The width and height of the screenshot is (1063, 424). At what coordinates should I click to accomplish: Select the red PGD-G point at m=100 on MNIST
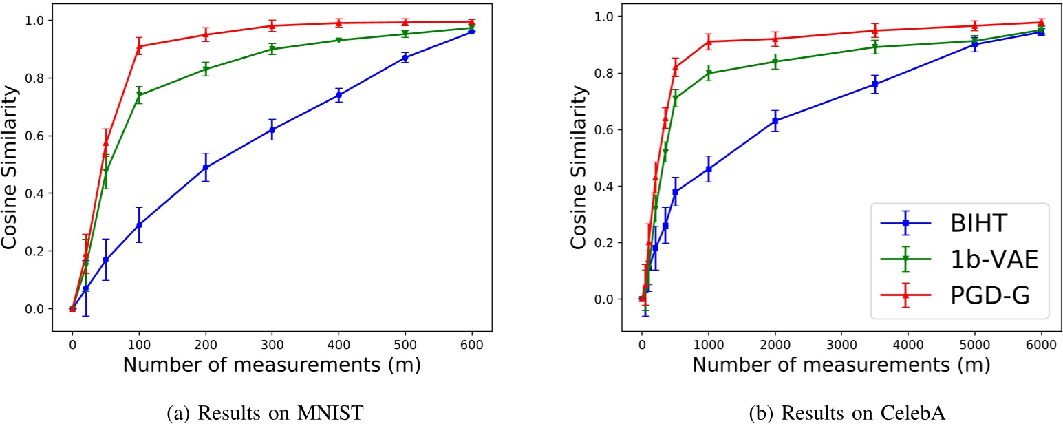139,47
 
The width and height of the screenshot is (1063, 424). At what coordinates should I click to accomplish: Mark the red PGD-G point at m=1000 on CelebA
709,42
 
